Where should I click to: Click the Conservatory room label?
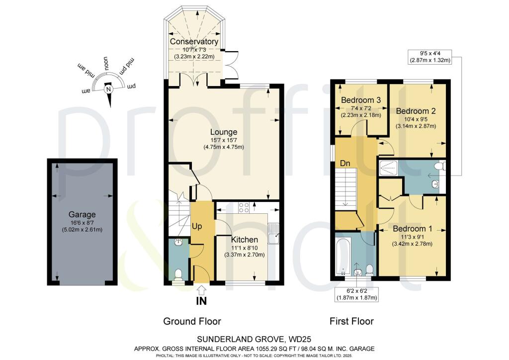194,42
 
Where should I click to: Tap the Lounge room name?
224,132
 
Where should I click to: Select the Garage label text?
82,215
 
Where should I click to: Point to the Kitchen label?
245,240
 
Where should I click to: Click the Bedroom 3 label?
361,100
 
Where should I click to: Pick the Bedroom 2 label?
416,111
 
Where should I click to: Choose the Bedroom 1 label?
412,229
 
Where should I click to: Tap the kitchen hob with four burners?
244,207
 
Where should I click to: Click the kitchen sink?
274,234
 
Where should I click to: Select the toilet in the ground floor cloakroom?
178,275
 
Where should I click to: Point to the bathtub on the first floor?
342,256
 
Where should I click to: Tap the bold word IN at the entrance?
201,301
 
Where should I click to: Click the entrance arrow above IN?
202,290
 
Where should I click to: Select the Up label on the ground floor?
197,226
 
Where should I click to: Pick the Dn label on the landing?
345,163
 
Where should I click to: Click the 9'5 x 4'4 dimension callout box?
430,57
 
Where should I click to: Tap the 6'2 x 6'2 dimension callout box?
356,294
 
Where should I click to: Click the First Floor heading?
351,321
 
